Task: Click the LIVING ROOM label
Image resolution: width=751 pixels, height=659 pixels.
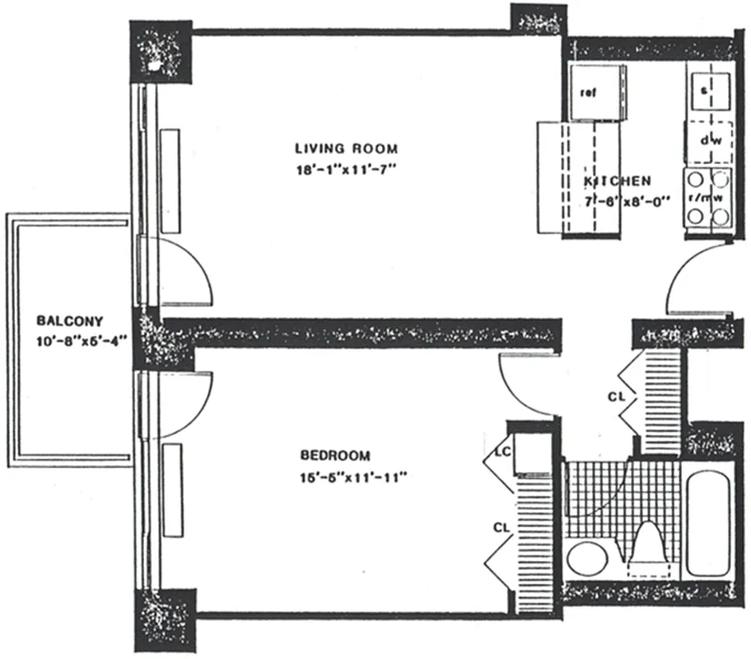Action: tap(346, 149)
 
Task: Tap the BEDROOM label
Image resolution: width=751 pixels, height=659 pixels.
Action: tap(335, 455)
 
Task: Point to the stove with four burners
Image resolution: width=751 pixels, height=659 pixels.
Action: tap(707, 198)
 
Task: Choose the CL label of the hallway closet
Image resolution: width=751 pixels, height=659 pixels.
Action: tap(617, 396)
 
